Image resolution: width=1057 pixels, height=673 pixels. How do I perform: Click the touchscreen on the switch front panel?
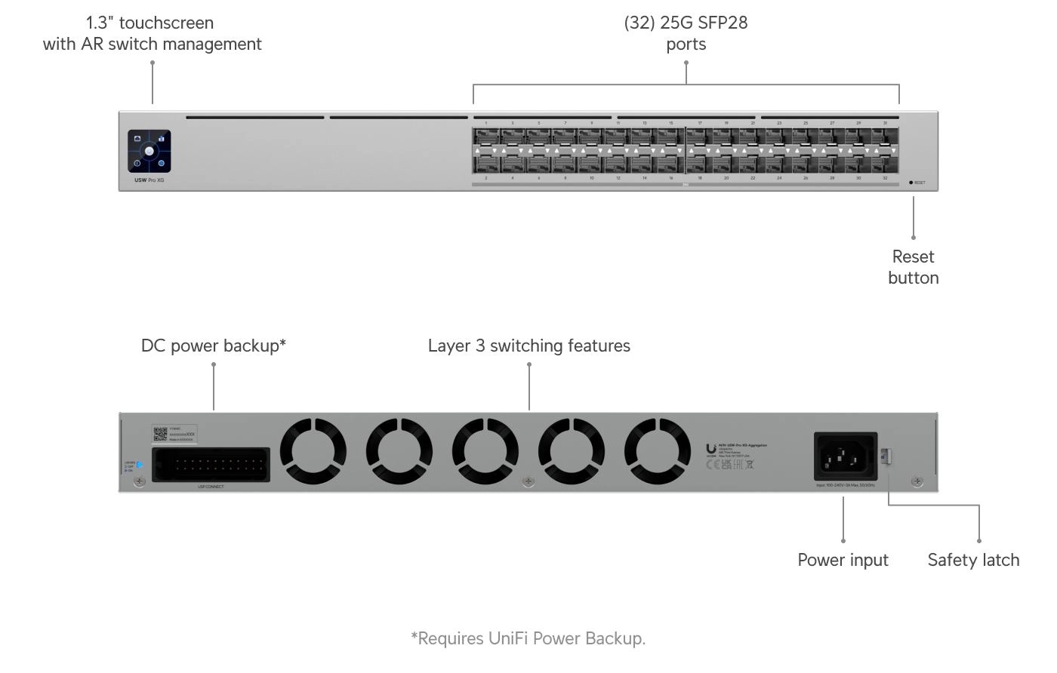[149, 151]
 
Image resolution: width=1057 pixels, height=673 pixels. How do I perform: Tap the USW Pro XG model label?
[149, 180]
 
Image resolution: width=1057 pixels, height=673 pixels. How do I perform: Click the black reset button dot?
[911, 183]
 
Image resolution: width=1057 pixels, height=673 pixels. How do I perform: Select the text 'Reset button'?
[913, 267]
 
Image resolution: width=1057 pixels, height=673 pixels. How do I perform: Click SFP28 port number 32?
[884, 164]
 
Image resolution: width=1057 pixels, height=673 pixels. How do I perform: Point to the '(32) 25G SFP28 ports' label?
[686, 33]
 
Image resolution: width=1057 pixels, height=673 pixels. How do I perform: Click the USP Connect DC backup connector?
[211, 465]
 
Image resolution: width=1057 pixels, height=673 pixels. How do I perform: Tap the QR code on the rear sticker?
[160, 434]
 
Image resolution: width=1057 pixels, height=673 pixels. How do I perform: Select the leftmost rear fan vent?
[313, 451]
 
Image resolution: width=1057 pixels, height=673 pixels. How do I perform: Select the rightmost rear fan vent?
[657, 451]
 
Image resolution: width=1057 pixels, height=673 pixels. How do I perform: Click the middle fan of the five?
[485, 451]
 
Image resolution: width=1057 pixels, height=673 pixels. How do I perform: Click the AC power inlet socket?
[845, 456]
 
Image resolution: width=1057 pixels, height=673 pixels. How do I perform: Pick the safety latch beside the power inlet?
[886, 456]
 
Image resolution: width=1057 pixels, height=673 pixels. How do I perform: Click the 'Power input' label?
[843, 560]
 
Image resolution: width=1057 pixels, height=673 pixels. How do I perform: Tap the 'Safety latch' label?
[973, 560]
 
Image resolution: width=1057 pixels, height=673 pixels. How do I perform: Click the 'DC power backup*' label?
[213, 346]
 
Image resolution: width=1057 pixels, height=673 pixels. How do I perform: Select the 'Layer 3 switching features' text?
[528, 346]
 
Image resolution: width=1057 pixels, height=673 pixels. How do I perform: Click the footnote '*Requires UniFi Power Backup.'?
[528, 638]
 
